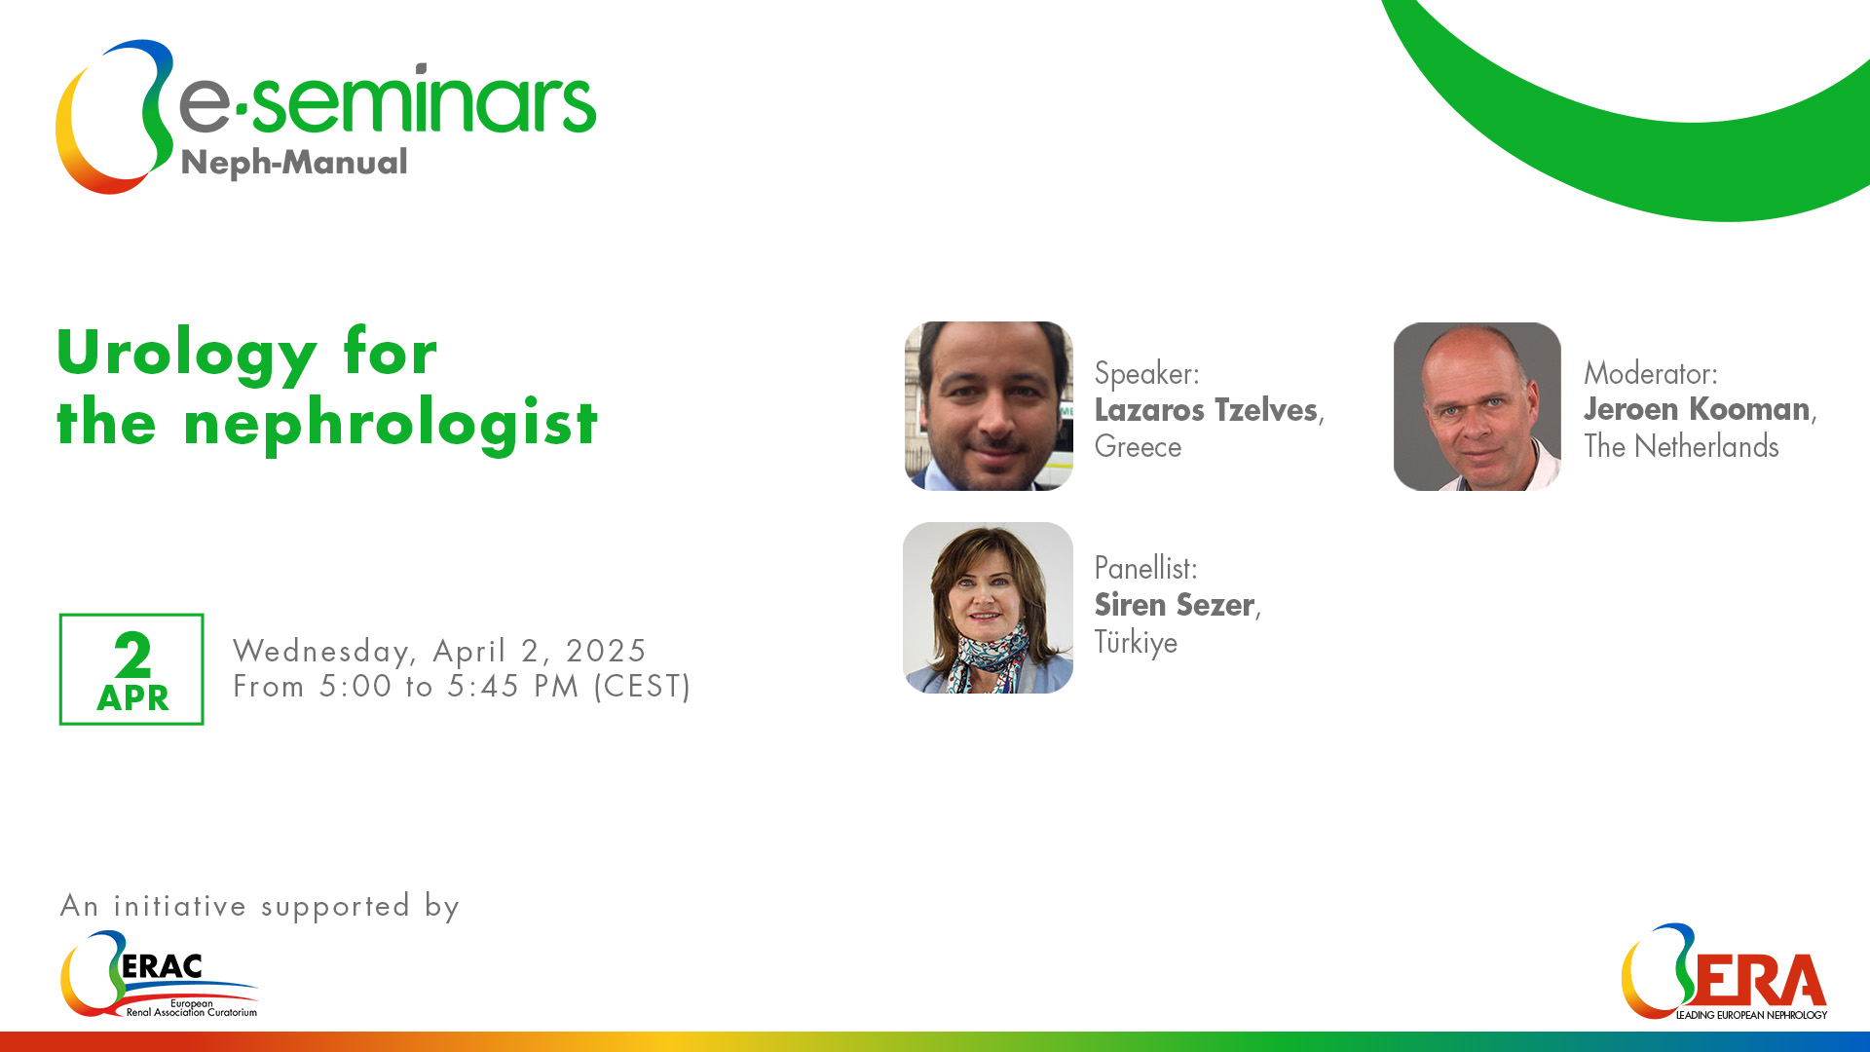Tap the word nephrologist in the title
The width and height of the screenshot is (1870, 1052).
click(391, 425)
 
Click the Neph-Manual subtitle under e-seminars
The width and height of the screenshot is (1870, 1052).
click(294, 164)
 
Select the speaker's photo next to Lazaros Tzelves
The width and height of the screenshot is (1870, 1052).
click(989, 406)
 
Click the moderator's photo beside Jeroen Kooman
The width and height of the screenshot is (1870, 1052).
click(1477, 406)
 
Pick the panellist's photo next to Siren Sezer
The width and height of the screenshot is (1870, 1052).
click(988, 608)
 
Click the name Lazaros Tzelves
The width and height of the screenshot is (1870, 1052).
click(1206, 410)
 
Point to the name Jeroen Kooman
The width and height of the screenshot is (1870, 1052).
click(1697, 409)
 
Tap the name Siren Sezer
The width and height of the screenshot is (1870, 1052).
click(1174, 605)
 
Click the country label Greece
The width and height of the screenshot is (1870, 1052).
click(1138, 447)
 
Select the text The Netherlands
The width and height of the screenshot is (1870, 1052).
click(1681, 447)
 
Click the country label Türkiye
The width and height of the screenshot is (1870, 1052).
click(1136, 643)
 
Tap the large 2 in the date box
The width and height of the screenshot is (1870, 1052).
click(132, 656)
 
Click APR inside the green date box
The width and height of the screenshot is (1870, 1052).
click(132, 698)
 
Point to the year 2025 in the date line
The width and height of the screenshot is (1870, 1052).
click(606, 651)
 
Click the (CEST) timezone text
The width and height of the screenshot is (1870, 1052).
click(642, 687)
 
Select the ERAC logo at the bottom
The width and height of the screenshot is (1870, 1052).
click(160, 974)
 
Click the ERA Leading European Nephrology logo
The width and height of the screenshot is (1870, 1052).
click(1724, 972)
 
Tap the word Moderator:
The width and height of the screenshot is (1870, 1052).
click(1651, 373)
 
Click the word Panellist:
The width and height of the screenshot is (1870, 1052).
click(1145, 568)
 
